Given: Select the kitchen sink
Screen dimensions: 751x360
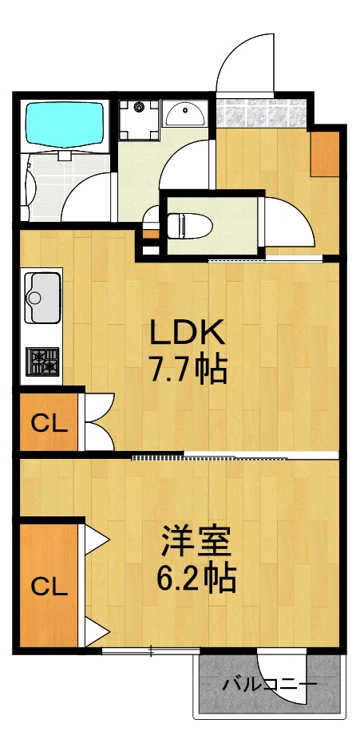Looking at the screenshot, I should [x=41, y=298].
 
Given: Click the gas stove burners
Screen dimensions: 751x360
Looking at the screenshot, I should [x=41, y=362].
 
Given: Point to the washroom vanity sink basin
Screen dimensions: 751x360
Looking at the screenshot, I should [x=186, y=113].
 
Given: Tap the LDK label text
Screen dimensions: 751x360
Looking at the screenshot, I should [x=188, y=332].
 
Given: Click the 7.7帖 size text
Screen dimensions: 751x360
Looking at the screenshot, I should [x=188, y=370].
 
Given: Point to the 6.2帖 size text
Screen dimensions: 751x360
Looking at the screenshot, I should [x=196, y=578].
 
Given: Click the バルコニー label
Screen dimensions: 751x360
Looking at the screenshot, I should [x=270, y=685].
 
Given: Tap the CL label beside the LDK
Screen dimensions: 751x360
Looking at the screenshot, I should [x=49, y=423].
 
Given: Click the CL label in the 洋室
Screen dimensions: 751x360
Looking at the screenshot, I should [x=49, y=587].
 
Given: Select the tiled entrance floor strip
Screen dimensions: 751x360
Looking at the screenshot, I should [x=261, y=113].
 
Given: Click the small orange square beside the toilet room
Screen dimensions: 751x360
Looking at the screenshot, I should [x=150, y=235].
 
